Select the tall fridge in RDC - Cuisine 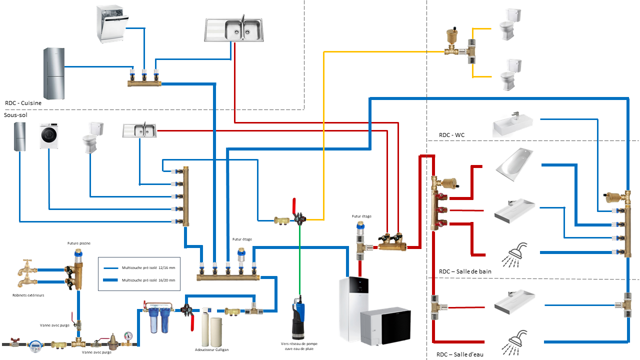point(54,73)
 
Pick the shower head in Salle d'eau point(515,339)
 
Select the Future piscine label point(79,243)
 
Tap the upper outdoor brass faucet point(25,268)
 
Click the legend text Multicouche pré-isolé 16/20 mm point(148,280)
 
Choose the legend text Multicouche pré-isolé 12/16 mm point(148,268)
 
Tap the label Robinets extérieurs point(28,295)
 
